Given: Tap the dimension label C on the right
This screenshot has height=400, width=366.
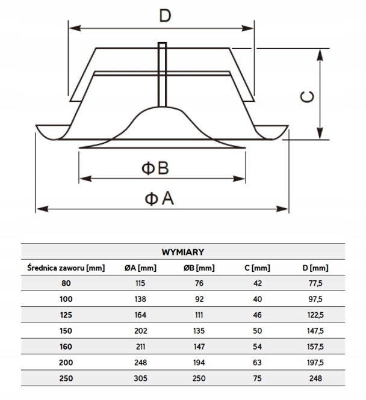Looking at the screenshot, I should [306, 96].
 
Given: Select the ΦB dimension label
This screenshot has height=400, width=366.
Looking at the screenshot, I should [155, 168].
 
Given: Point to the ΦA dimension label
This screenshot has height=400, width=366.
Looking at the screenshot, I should [160, 198].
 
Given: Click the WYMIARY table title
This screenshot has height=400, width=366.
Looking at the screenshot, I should [183, 252].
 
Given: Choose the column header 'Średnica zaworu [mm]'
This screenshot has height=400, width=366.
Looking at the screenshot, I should [63, 268].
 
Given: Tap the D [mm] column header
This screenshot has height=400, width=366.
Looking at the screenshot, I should [315, 268].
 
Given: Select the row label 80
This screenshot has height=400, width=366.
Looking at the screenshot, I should [65, 283].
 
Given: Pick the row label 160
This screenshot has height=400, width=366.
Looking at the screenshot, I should [65, 347].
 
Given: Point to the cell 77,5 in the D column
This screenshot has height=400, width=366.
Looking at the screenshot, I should [315, 283].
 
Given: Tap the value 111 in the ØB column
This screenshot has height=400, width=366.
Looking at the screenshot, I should [198, 315].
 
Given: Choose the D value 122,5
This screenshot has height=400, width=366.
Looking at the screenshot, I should [315, 315].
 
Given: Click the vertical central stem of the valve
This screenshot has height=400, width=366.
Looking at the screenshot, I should [162, 75].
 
